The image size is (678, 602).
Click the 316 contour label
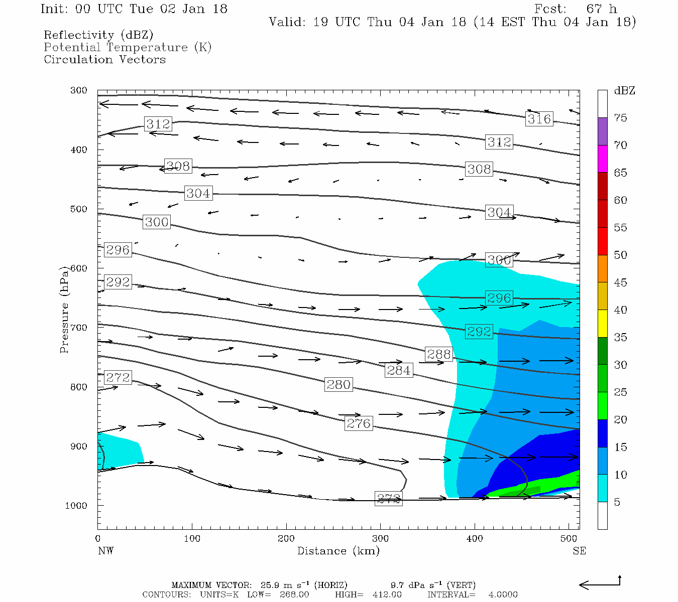[539, 119]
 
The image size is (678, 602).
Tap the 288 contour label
[439, 354]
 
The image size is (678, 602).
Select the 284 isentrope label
[399, 370]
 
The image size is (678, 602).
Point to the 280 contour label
[338, 385]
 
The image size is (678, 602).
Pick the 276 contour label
[359, 423]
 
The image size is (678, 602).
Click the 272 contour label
[118, 377]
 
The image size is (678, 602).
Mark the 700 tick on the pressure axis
[78, 328]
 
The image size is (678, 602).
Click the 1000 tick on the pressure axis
[76, 506]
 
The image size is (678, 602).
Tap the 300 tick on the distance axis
[380, 539]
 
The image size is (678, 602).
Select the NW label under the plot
[105, 551]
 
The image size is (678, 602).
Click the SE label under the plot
[579, 551]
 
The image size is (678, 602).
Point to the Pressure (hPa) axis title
[64, 310]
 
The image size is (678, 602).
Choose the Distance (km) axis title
[338, 551]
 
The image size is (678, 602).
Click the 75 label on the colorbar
[621, 118]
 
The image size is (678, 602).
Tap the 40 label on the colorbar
[621, 310]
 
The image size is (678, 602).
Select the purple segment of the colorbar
[603, 131]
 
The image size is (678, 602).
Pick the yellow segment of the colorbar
[603, 324]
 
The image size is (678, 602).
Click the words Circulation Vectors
[104, 59]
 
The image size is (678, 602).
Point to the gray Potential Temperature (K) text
[128, 47]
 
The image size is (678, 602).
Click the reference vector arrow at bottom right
[600, 584]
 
